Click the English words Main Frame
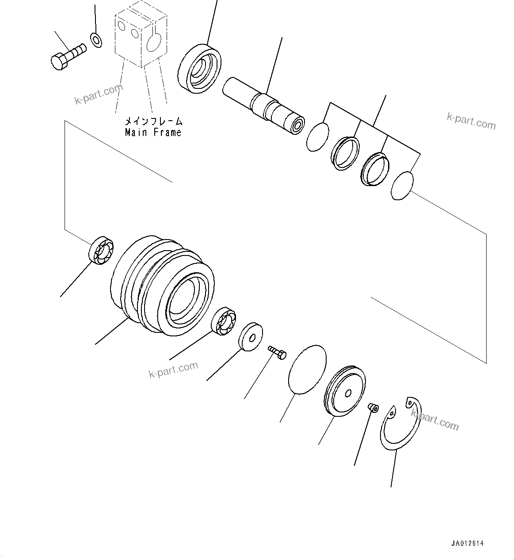point(153,132)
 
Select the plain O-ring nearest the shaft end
point(318,137)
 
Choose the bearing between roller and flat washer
point(224,320)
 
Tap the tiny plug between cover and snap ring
point(373,407)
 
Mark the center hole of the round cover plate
point(348,392)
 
